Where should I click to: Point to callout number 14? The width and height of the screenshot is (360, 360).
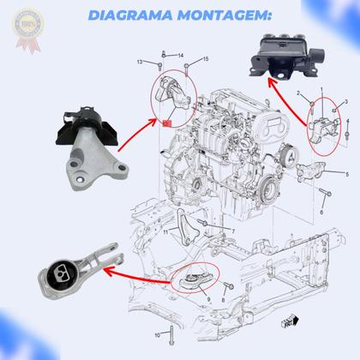[x=169, y=55]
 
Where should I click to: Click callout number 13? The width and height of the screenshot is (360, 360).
[x=140, y=63]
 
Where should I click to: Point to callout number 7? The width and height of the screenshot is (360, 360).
[x=232, y=231]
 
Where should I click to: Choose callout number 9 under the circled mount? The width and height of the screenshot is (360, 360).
[x=207, y=300]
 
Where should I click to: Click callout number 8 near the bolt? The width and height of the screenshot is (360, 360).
[x=224, y=303]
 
